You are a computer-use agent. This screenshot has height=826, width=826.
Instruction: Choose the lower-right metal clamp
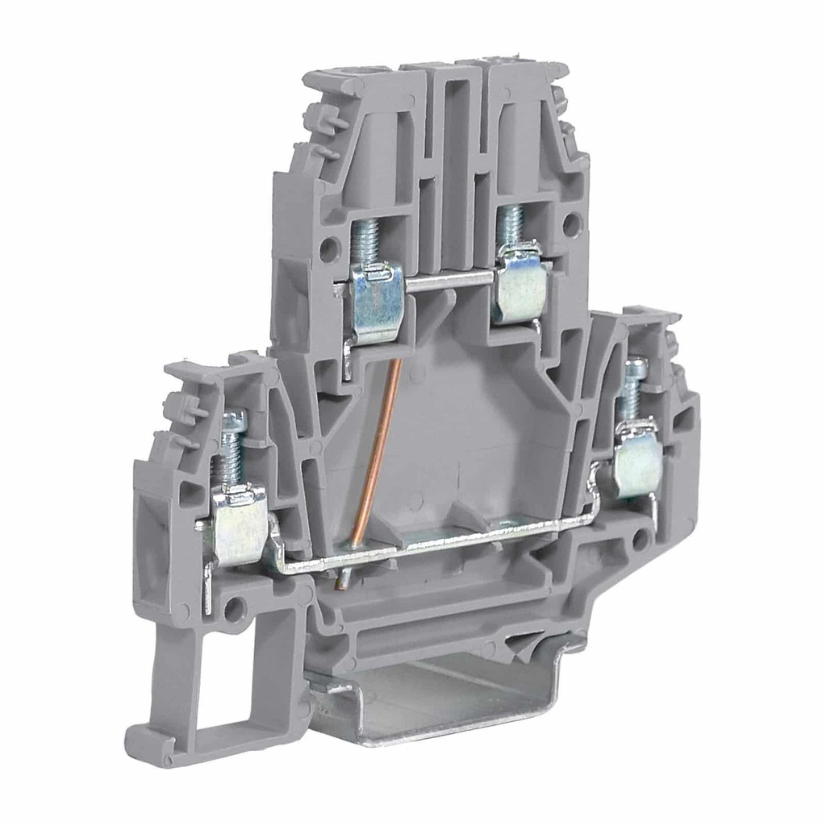coord(636,461)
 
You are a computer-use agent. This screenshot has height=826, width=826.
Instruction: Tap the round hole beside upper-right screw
coord(571,223)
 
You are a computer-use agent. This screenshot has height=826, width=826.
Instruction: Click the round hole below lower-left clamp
coord(235,609)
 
